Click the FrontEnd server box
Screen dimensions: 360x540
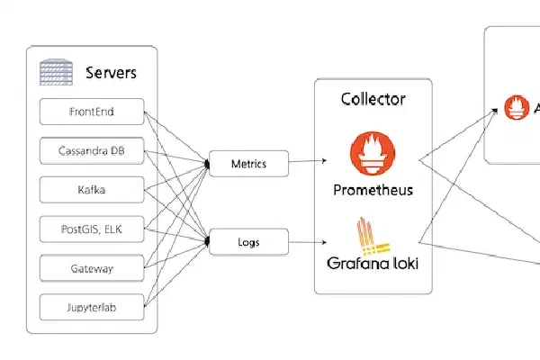pos(93,112)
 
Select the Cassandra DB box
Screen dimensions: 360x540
pos(93,151)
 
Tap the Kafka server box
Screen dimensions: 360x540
pos(93,190)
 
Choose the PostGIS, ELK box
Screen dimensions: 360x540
pos(93,229)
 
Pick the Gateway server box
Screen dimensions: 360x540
pos(93,267)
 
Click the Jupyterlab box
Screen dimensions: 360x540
pos(93,306)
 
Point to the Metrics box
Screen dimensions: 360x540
pos(247,164)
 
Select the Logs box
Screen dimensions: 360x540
pos(247,241)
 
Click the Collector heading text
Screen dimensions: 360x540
pos(373,99)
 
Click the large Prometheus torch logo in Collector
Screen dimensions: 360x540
pos(373,151)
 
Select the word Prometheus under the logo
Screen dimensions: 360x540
pos(373,190)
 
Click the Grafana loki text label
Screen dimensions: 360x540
pos(373,265)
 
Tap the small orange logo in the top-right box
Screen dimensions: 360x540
pos(517,109)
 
